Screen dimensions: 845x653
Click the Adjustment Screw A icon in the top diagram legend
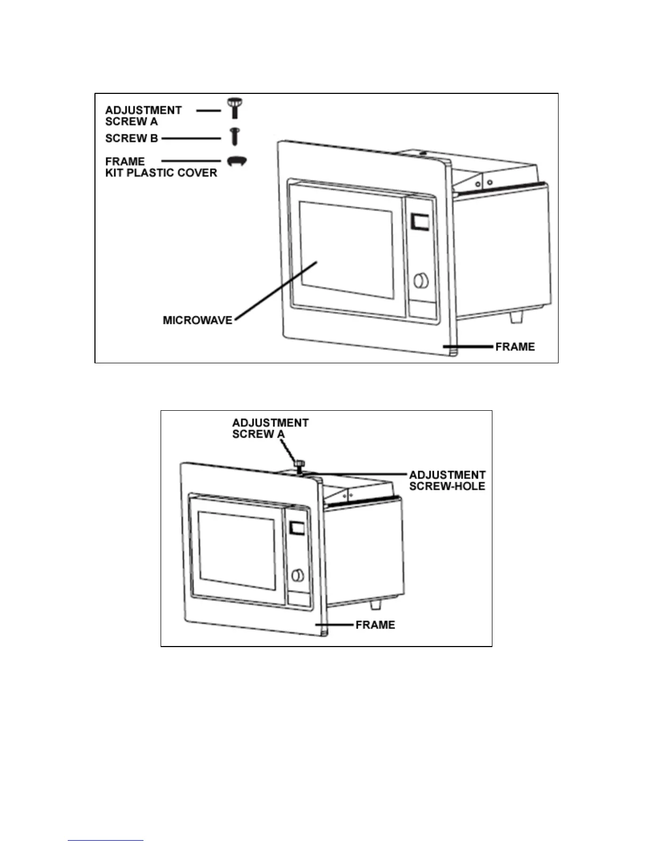click(x=234, y=108)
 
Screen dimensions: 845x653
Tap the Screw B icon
click(x=234, y=136)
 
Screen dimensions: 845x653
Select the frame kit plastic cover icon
click(x=237, y=161)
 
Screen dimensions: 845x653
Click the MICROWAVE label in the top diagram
click(x=197, y=320)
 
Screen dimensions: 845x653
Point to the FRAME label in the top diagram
click(x=515, y=347)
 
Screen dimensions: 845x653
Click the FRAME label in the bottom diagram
click(x=375, y=625)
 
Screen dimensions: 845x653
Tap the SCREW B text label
click(x=131, y=138)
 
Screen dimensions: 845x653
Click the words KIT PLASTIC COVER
click(x=161, y=173)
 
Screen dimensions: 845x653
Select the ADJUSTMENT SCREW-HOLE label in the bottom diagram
click(x=447, y=480)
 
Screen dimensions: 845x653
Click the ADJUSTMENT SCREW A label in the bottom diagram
click(x=270, y=428)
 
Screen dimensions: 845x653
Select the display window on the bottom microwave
click(x=297, y=528)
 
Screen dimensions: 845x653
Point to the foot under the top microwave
click(x=516, y=317)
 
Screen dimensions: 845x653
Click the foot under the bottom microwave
click(x=376, y=604)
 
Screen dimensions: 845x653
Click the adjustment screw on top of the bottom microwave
click(x=299, y=466)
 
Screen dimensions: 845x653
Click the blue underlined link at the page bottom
click(x=106, y=841)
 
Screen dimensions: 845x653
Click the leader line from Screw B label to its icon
click(x=191, y=138)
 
